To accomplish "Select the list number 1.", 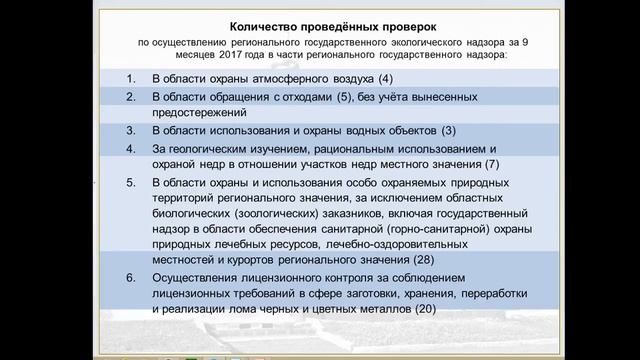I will [x=131, y=77].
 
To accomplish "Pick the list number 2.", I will [x=131, y=97].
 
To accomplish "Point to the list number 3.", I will [x=131, y=130].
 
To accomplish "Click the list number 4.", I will [x=131, y=149].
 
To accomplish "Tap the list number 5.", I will [x=131, y=183].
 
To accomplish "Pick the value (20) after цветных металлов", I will [x=426, y=309].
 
